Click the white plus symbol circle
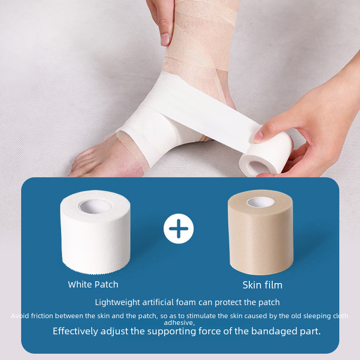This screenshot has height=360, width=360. click(179, 229)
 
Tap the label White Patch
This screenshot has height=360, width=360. click(93, 285)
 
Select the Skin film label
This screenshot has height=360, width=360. click(262, 285)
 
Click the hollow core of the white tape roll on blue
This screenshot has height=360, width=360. click(95, 207)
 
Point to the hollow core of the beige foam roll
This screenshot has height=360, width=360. click(261, 202)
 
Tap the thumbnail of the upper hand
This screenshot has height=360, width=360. click(165, 39)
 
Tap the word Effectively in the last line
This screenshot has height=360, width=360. click(75, 331)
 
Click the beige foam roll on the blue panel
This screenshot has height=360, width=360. click(261, 232)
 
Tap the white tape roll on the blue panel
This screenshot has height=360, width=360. click(95, 232)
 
